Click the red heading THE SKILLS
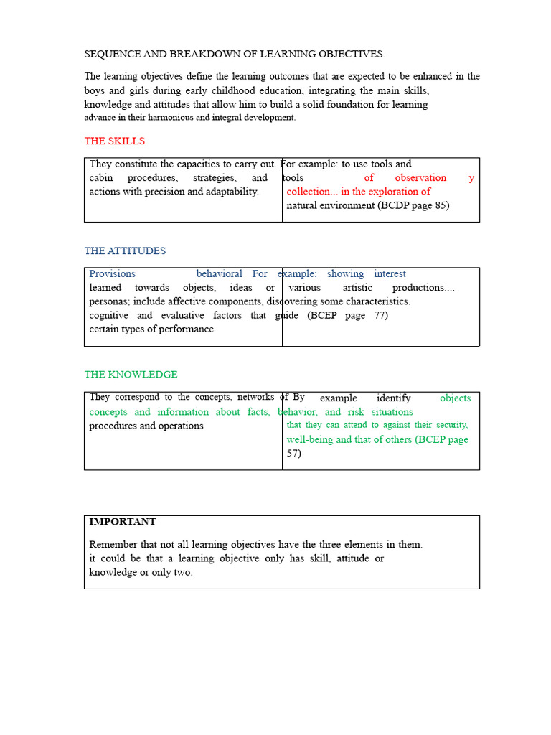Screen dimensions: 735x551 114,141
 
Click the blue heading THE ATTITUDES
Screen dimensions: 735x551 125,251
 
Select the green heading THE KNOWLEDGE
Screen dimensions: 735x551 131,374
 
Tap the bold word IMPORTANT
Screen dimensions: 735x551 122,522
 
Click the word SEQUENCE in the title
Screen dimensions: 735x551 109,54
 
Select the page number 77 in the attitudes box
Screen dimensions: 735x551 381,315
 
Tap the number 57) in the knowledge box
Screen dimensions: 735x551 294,453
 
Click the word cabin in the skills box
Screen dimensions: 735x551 101,177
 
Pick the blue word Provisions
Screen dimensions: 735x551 112,273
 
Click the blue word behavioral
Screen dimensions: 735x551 219,273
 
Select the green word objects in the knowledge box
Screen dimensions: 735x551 455,398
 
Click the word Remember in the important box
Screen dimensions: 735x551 111,544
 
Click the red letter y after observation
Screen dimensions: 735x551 471,177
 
